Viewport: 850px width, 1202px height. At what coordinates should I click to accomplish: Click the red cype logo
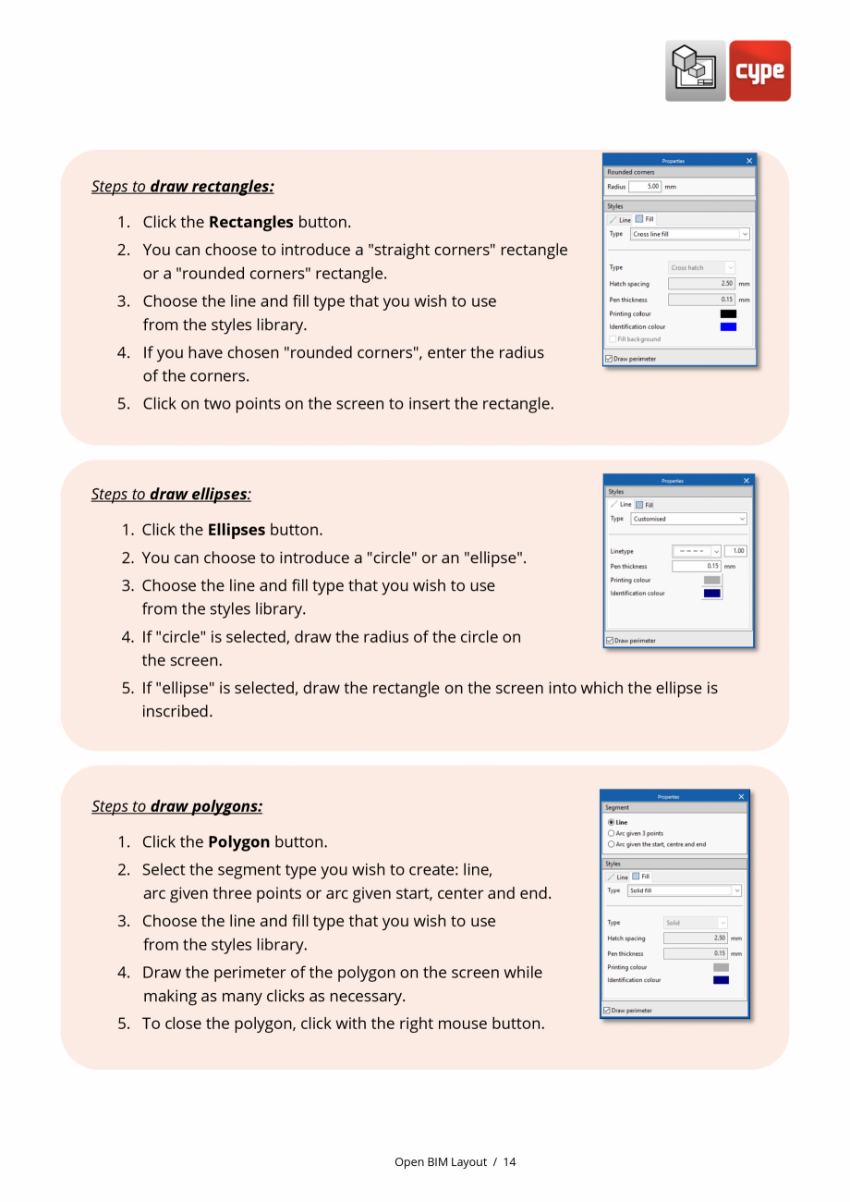coord(759,71)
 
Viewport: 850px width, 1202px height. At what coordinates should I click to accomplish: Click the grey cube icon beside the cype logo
coord(695,71)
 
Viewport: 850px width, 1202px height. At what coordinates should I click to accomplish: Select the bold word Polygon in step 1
coord(238,842)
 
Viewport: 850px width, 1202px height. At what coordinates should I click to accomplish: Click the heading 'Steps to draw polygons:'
coord(176,806)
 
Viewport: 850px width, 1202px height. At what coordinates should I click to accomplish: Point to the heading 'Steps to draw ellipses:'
coord(171,494)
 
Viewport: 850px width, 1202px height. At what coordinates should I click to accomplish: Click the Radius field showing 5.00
coord(645,186)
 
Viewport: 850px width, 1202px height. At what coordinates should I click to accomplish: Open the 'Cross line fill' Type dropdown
coord(689,234)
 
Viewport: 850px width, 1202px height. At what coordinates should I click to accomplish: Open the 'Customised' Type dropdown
coord(688,519)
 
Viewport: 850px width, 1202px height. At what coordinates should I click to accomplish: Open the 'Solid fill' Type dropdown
coord(684,890)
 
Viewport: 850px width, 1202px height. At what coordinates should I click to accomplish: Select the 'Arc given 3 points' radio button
coord(612,833)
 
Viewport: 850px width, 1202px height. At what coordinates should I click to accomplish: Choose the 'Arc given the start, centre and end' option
coord(612,844)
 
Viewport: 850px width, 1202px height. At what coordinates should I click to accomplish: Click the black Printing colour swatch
coord(728,313)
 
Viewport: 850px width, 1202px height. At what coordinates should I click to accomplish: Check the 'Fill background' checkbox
coord(613,339)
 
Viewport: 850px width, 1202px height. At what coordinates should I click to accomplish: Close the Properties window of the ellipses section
coord(747,481)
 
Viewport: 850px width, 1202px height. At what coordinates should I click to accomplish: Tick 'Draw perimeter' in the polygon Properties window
coord(607,1011)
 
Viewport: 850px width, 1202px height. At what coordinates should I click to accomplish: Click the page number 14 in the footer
coord(510,1162)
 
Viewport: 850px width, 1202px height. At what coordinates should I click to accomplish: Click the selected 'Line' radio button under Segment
coord(612,822)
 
